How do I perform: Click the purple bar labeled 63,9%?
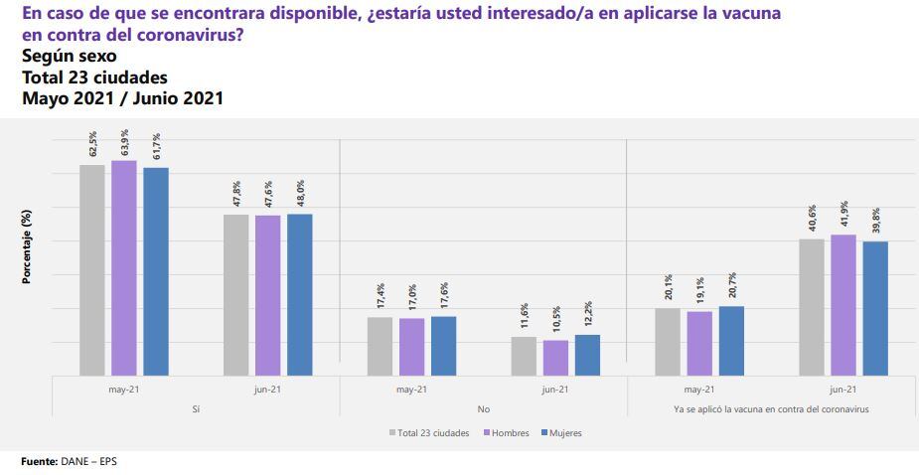(x=124, y=268)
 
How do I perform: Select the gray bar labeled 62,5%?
(x=92, y=270)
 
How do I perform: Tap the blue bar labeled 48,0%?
(x=299, y=295)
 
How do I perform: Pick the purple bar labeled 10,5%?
(x=555, y=358)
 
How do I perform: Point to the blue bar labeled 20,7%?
(x=730, y=341)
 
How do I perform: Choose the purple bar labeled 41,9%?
(x=842, y=305)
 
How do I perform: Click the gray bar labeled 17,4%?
(x=380, y=346)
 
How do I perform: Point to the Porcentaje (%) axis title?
(x=28, y=247)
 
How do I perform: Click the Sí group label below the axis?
(x=196, y=409)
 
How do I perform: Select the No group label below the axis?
(x=483, y=409)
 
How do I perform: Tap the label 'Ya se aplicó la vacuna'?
(x=770, y=409)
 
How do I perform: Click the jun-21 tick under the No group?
(x=555, y=391)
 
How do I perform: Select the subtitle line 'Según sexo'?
(x=69, y=56)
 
